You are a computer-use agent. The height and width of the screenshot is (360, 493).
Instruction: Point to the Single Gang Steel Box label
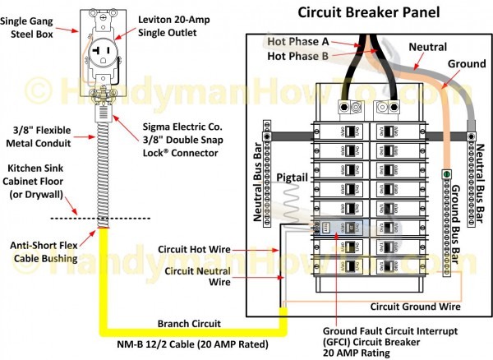35,25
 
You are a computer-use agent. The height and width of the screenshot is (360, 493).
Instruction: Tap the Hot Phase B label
299,56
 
